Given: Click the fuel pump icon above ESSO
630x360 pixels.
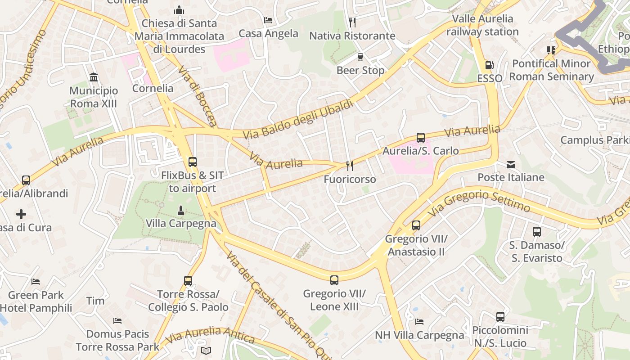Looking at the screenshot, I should (490, 65).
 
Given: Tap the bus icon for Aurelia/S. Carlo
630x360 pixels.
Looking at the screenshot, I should (421, 137).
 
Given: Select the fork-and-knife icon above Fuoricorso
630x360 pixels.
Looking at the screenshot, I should (350, 166).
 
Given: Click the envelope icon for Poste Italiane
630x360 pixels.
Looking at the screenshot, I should (511, 164).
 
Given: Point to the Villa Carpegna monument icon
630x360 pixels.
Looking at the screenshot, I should (180, 210).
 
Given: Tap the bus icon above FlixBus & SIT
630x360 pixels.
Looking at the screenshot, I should (193, 162).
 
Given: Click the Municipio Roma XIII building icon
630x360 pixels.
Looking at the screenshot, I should (94, 77).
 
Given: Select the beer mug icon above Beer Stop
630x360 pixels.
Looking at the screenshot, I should (360, 57).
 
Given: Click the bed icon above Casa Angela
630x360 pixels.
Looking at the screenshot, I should (268, 20).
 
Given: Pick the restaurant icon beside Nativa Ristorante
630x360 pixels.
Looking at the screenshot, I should (352, 22).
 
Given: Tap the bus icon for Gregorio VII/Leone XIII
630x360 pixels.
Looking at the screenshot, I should (334, 280).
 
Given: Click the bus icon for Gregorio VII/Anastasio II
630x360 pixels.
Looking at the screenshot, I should (416, 225).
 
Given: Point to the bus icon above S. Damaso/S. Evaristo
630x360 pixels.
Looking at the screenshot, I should (537, 232).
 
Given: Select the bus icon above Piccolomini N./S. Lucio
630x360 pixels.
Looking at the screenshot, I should (500, 317).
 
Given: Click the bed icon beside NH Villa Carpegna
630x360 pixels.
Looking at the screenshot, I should (419, 321).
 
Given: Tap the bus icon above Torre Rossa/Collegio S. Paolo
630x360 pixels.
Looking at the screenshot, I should (188, 281).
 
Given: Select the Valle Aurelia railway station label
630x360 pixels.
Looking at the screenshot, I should (482, 25).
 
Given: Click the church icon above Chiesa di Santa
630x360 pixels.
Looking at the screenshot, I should (179, 10).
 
